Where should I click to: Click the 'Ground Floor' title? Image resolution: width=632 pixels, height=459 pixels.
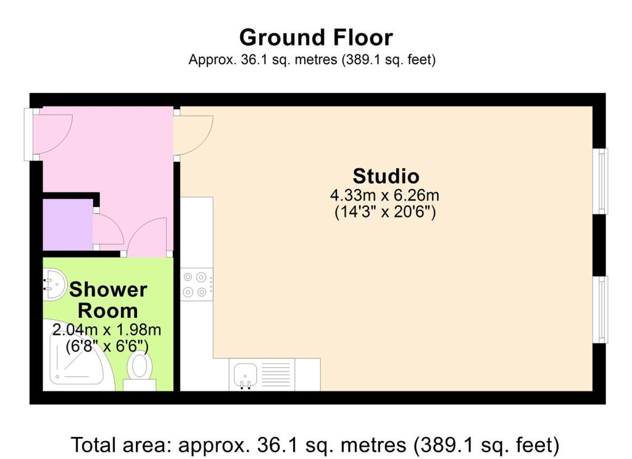[x=315, y=38]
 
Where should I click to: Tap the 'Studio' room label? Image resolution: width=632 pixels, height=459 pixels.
[x=386, y=176]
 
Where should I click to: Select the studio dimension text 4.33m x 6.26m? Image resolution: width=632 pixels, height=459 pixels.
[x=385, y=197]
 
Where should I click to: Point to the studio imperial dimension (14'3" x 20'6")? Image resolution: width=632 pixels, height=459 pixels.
[x=385, y=213]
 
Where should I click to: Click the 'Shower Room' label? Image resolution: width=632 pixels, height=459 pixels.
[x=108, y=299]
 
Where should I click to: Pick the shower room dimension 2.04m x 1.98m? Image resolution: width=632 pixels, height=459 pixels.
[x=108, y=329]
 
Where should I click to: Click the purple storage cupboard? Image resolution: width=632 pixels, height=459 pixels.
[x=67, y=225]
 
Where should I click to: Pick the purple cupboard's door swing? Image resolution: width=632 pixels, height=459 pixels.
[x=107, y=230]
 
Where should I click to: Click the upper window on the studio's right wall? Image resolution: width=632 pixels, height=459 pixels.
[x=601, y=181]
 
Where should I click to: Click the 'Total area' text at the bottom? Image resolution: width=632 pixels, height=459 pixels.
[x=315, y=444]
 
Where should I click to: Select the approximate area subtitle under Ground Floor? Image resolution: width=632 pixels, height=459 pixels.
[x=312, y=60]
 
